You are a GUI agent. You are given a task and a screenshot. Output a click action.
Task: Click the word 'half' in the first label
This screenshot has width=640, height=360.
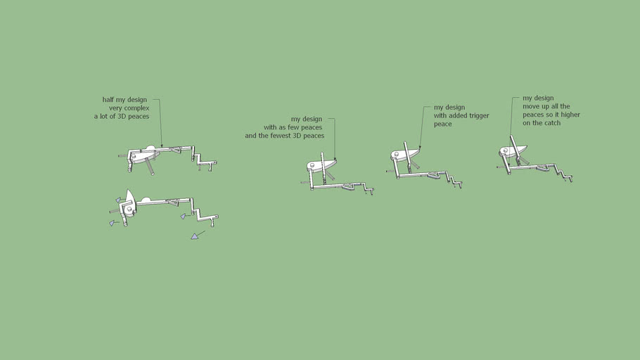[x=108, y=100]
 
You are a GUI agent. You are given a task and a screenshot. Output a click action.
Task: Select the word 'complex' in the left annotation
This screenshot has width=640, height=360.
[x=137, y=108]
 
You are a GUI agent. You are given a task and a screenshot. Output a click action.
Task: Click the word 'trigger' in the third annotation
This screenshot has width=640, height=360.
[x=479, y=116]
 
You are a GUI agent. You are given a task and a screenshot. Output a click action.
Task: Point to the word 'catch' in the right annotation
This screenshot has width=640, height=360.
[x=552, y=123]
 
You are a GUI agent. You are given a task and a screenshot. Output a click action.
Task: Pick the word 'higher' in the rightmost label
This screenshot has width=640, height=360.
[x=570, y=115]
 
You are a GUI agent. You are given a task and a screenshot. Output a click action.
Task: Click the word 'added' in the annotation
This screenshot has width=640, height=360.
[x=458, y=115]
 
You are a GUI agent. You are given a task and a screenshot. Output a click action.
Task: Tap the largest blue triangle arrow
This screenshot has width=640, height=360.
[x=195, y=236]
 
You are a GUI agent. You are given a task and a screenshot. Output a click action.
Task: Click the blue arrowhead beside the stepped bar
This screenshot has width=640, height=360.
[x=184, y=217]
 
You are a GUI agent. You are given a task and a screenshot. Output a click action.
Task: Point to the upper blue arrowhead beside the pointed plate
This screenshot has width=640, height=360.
[x=118, y=200]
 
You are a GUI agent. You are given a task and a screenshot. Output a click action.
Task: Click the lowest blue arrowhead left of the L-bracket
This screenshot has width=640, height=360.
[x=111, y=224]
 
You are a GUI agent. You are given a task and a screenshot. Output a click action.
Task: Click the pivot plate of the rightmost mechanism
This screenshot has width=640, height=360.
[x=513, y=151]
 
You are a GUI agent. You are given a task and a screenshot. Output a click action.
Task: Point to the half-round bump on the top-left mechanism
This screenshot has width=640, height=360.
[x=151, y=148]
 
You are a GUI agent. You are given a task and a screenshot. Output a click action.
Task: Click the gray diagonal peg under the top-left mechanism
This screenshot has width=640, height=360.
[x=149, y=167]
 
